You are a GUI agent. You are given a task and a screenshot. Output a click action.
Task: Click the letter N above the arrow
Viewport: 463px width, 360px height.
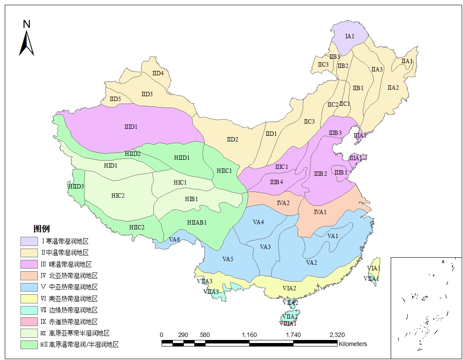(x=27, y=24)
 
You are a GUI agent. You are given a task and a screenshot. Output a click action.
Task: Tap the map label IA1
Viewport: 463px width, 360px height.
(x=350, y=36)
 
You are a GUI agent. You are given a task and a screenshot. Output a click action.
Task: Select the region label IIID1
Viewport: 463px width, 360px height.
(x=131, y=127)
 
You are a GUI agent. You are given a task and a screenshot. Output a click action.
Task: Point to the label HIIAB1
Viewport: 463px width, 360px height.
(x=197, y=222)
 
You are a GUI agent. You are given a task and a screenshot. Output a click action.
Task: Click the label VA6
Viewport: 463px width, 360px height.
(x=175, y=239)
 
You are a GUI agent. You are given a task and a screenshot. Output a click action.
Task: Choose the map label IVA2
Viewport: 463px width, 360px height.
(x=283, y=203)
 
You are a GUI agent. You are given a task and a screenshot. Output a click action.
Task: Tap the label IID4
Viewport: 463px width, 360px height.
(x=158, y=73)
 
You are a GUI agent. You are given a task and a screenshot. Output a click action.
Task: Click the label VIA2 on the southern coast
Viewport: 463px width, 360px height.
(x=289, y=288)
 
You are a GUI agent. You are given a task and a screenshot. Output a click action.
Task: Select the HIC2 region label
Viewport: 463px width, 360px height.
(x=118, y=195)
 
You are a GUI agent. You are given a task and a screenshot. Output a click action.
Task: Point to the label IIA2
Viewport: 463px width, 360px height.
(x=393, y=87)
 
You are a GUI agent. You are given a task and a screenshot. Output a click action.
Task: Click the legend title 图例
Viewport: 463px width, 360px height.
(x=42, y=229)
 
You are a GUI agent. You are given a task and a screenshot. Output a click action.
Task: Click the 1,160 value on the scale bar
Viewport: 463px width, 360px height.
(x=249, y=335)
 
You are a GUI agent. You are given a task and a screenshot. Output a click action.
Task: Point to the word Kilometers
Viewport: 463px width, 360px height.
(x=353, y=344)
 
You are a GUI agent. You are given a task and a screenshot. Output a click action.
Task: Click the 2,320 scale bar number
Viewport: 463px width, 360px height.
(x=337, y=335)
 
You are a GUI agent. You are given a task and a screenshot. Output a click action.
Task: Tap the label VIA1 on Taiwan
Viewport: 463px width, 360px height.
(x=374, y=268)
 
